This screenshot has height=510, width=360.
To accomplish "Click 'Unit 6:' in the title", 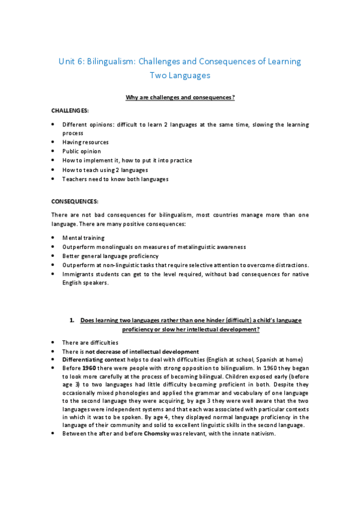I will coord(73,61).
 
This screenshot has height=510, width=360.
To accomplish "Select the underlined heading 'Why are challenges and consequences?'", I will coord(180,97).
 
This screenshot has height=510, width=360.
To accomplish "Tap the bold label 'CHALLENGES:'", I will coord(70,111).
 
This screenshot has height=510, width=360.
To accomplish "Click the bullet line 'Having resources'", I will coord(85,142).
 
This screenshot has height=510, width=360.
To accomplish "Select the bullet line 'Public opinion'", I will coord(82,151).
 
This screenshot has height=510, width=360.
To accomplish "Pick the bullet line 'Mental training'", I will coord(84,238).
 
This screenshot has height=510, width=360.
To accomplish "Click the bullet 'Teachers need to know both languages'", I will coord(115,179).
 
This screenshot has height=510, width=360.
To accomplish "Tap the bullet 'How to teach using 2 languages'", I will coord(105,170).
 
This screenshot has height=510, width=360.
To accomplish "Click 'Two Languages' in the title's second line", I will coord(180,76).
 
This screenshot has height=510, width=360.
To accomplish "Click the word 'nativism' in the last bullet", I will coord(261,435).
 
